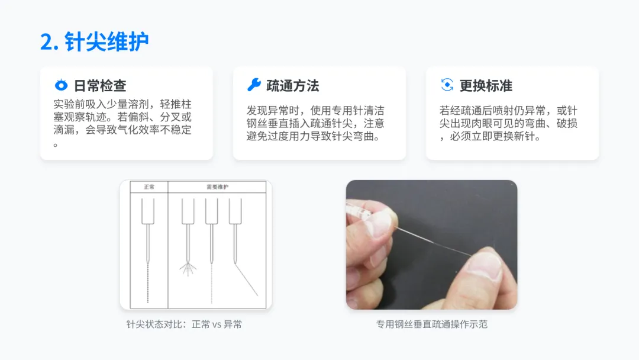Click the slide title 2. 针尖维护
click(94, 41)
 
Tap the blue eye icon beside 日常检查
click(61, 85)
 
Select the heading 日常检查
click(100, 86)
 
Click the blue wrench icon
click(254, 85)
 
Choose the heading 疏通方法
click(293, 86)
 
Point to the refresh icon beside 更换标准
click(447, 85)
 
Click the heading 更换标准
click(486, 86)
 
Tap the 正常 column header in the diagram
click(149, 187)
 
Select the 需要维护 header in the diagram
click(217, 187)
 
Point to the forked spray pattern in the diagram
click(188, 269)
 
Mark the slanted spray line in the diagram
click(246, 279)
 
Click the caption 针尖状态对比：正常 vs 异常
click(184, 324)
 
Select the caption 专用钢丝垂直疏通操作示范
click(431, 324)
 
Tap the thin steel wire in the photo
click(433, 242)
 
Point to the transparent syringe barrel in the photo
click(359, 211)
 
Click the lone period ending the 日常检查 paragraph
click(56, 144)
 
